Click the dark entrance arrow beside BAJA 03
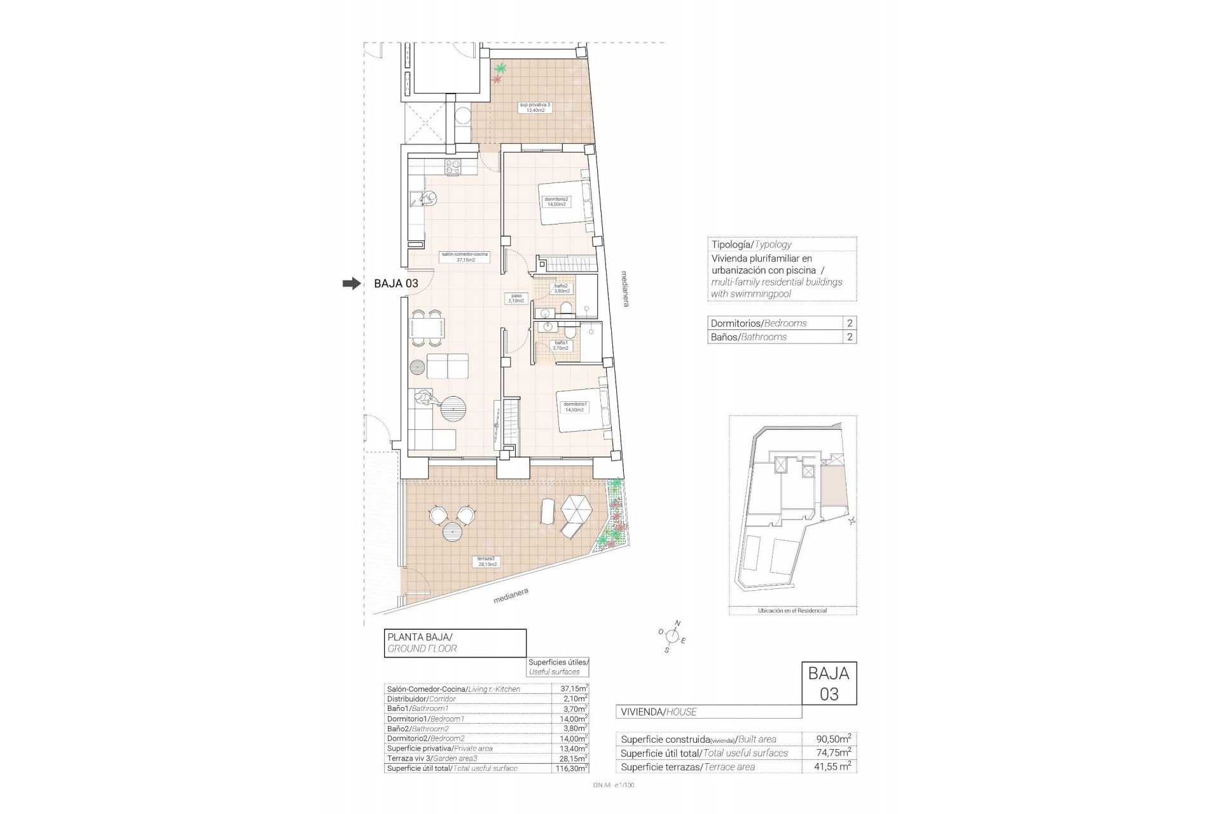(x=351, y=284)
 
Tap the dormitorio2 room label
(x=556, y=202)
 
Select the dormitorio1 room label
(x=574, y=407)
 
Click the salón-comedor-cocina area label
(x=464, y=257)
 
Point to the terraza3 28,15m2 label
(x=487, y=561)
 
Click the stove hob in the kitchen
(x=453, y=167)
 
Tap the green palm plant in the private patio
(x=501, y=68)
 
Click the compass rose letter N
(x=678, y=623)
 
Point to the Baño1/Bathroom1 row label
(x=418, y=708)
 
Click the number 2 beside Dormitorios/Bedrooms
(x=850, y=323)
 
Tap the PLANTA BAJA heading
(x=420, y=637)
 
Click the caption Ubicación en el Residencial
(x=792, y=610)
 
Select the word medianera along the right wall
(x=625, y=289)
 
